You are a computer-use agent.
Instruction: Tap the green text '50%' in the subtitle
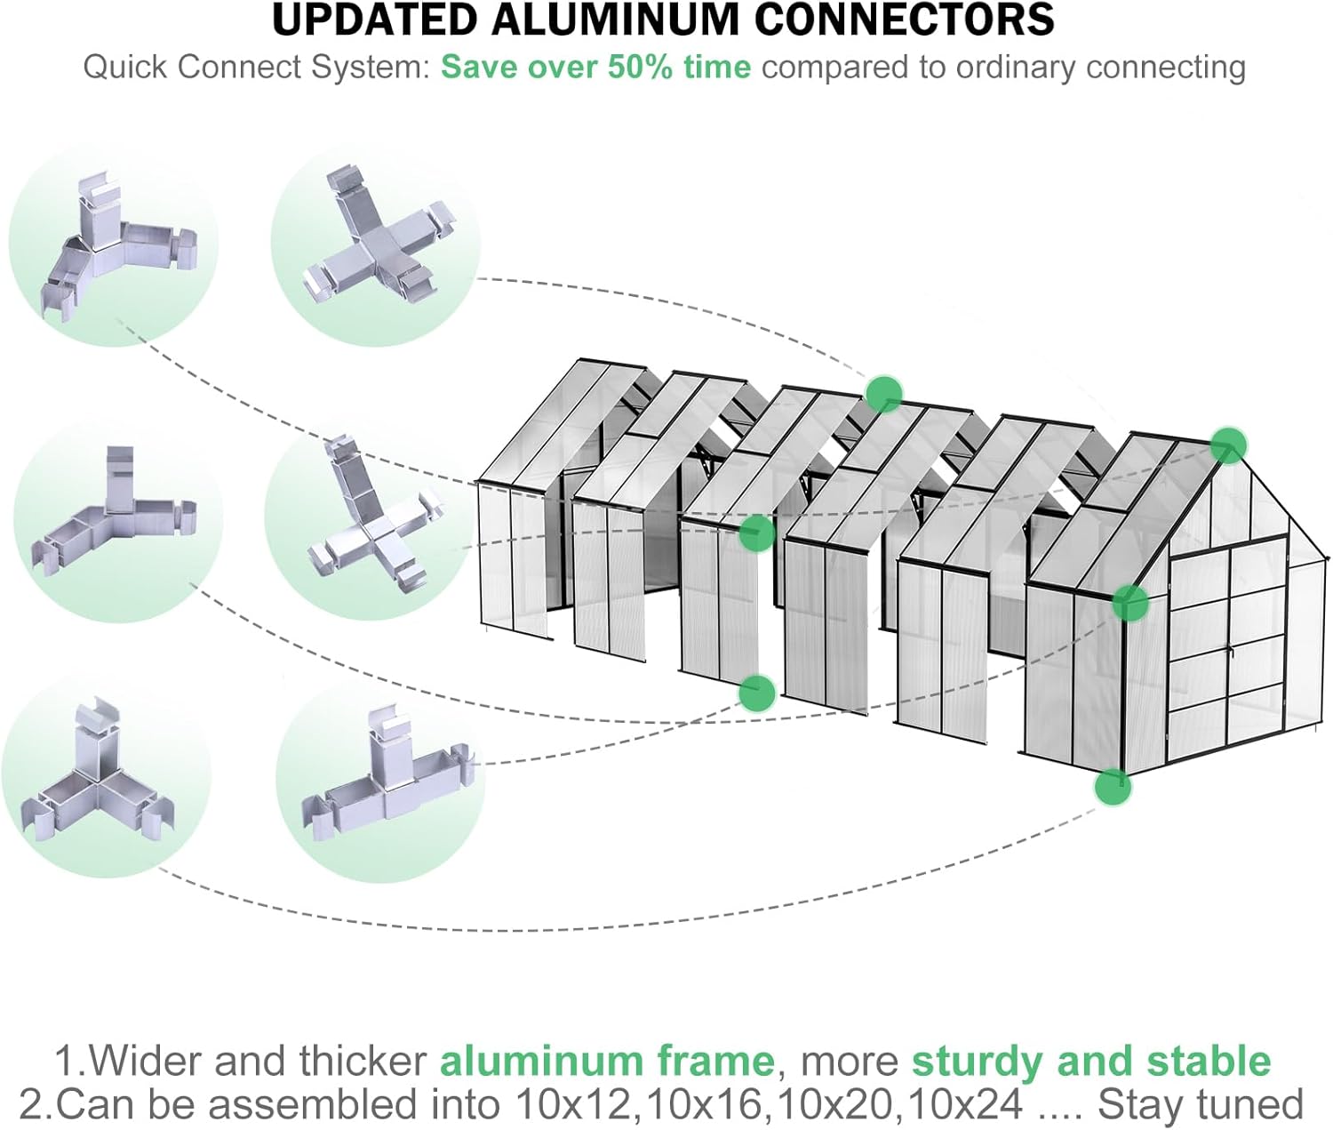pos(640,68)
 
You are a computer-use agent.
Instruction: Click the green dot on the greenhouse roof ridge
pos(884,393)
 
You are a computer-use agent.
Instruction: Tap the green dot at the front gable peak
pos(1229,445)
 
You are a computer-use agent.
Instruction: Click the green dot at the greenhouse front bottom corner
pos(1112,787)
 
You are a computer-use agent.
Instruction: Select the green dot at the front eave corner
pos(1130,603)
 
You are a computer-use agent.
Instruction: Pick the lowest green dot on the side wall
pos(757,693)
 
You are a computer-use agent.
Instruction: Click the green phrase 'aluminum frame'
pos(607,1062)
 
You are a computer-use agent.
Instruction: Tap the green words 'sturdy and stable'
pos(1091,1062)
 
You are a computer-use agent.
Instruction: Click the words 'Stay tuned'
pos(1200,1105)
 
